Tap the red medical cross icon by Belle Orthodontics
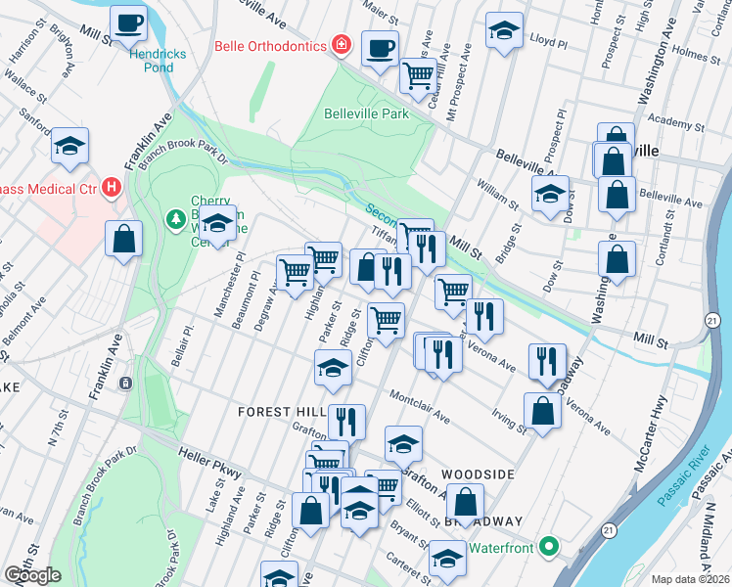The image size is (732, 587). pos(341,44)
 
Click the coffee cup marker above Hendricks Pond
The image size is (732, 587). pos(127,23)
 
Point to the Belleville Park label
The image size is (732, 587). pos(366,113)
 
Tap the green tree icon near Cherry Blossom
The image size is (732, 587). pos(176,217)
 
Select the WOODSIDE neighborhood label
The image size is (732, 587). pos(478,474)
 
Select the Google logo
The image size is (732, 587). pos(33,574)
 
